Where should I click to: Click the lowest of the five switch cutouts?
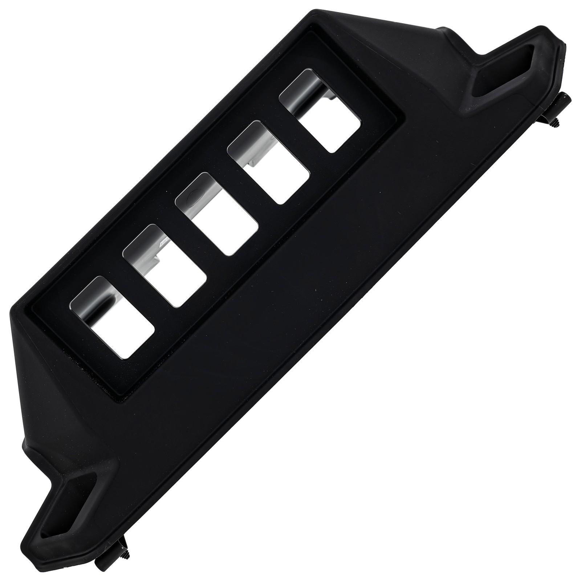coord(113,316)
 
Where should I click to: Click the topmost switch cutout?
coord(321,111)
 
